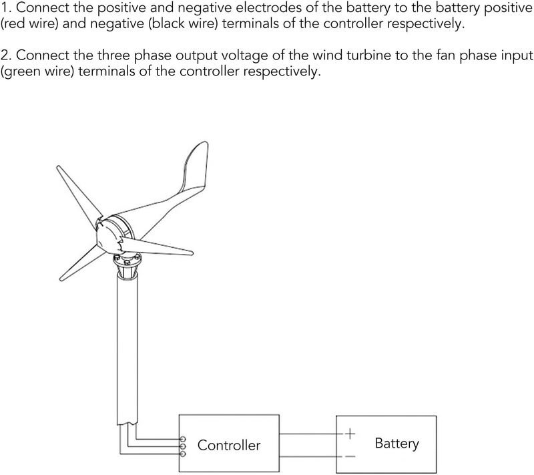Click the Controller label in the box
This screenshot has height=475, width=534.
[x=229, y=445]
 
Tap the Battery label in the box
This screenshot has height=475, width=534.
[x=396, y=444]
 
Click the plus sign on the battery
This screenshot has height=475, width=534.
[x=350, y=434]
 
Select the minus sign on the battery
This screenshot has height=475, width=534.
[x=350, y=456]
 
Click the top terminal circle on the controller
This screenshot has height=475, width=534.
[x=183, y=438]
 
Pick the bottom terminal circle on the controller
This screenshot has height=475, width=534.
[x=183, y=454]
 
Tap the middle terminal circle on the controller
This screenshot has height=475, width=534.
[x=183, y=446]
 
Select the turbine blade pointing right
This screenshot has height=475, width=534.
[x=157, y=247]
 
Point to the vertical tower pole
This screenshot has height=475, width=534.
[x=127, y=347]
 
